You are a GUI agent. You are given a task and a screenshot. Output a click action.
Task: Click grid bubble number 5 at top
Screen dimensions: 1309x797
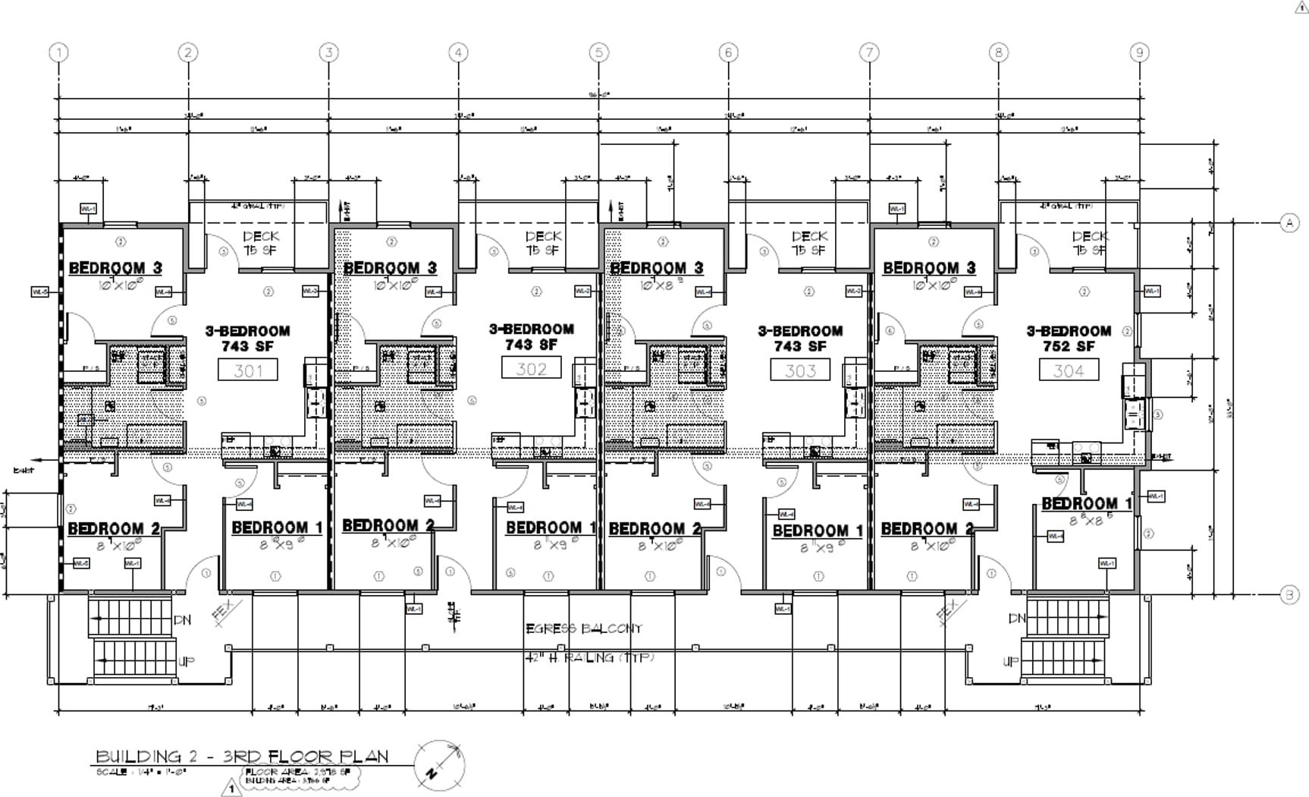pyautogui.click(x=598, y=52)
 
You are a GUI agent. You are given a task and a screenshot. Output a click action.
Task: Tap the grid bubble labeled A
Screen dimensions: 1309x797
pyautogui.click(x=1289, y=223)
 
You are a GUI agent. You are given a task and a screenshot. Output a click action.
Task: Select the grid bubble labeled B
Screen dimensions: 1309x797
pyautogui.click(x=1289, y=595)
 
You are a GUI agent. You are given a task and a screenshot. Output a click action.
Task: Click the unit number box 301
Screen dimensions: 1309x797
pyautogui.click(x=248, y=370)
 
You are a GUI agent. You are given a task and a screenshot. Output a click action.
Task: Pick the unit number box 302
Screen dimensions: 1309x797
pyautogui.click(x=531, y=369)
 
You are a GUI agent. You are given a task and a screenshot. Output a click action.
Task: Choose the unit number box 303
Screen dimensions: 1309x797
pyautogui.click(x=800, y=370)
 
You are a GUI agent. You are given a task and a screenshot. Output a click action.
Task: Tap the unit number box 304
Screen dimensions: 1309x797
pyautogui.click(x=1069, y=370)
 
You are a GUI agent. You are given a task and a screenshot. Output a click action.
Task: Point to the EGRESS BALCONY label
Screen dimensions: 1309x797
pyautogui.click(x=584, y=628)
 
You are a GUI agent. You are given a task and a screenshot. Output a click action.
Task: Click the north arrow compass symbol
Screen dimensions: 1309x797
pyautogui.click(x=439, y=767)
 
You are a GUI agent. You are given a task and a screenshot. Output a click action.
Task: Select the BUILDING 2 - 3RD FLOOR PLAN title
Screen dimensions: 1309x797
pyautogui.click(x=242, y=756)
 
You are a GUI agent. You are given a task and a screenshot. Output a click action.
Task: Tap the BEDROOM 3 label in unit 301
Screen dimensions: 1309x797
pyautogui.click(x=115, y=268)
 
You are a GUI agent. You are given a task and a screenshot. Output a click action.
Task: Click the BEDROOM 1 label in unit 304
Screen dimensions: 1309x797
pyautogui.click(x=1087, y=503)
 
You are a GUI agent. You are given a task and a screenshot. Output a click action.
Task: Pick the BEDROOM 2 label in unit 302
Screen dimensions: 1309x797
pyautogui.click(x=388, y=525)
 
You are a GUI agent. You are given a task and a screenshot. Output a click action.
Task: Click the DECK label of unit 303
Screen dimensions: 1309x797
pyautogui.click(x=809, y=237)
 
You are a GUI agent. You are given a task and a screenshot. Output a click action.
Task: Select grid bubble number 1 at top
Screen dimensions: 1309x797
pyautogui.click(x=58, y=52)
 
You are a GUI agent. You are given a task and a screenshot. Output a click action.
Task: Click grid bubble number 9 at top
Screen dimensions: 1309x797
pyautogui.click(x=1139, y=52)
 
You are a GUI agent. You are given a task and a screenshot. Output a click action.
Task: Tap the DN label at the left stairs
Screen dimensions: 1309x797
pyautogui.click(x=182, y=620)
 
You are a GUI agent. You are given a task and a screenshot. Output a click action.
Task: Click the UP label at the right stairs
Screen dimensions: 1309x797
pyautogui.click(x=1011, y=661)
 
